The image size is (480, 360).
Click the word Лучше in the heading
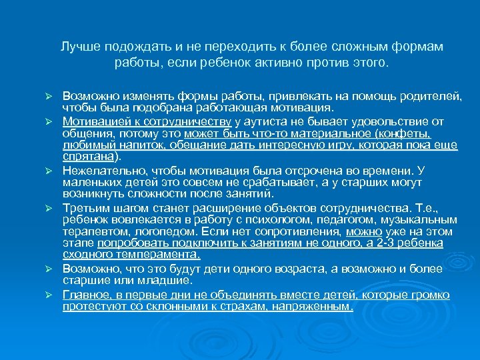point(77,48)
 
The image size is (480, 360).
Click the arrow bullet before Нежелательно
point(48,171)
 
